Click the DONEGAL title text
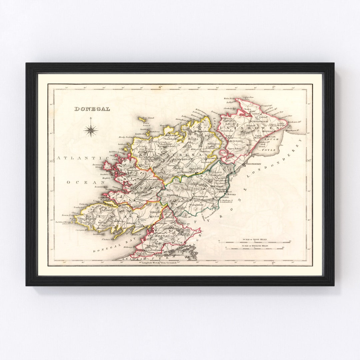click(92, 109)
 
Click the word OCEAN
click(81, 182)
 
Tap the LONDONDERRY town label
click(256, 164)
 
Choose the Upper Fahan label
click(234, 148)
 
